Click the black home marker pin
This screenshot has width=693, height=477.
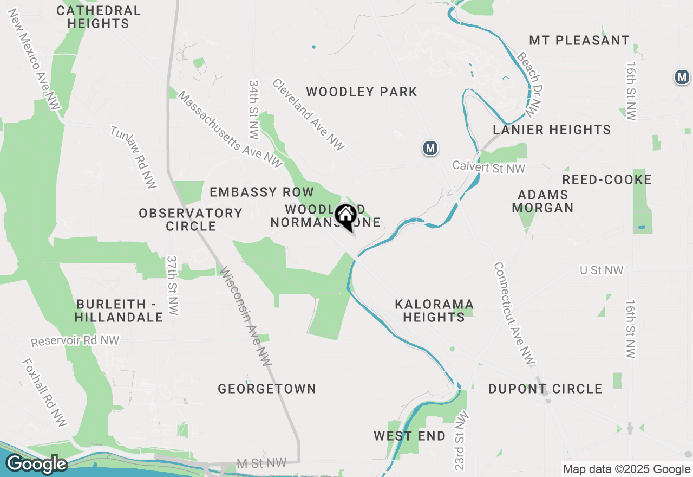pos(345,216)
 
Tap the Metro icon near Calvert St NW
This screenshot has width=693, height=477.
pos(430,148)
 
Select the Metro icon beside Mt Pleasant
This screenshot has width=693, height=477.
pos(682,78)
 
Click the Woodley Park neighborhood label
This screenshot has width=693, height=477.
pos(362,92)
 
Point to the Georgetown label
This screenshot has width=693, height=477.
pos(267,389)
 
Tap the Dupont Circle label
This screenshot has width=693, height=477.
pos(545,389)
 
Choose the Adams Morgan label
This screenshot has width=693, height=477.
pos(542,201)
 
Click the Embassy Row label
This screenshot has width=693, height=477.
pos(261,192)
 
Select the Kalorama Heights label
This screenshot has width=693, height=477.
pos(434,311)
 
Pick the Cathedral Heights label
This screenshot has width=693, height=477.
pos(99,17)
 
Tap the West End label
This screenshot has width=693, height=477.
pos(410,436)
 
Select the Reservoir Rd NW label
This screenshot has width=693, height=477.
pos(75,341)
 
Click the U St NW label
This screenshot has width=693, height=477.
pos(601,270)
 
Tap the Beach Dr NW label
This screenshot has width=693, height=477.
pos(529,85)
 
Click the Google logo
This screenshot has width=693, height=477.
pos(36,464)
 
